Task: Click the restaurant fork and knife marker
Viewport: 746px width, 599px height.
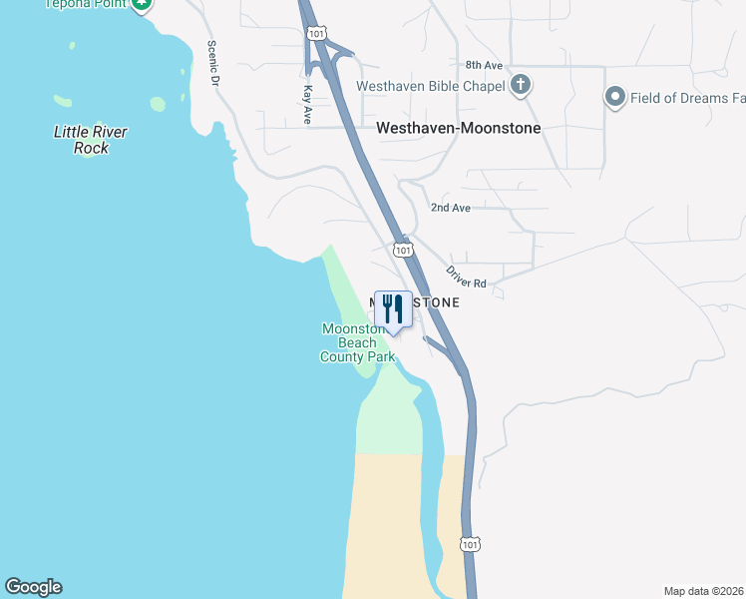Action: pos(393,309)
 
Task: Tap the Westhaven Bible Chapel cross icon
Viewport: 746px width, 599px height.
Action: pos(520,85)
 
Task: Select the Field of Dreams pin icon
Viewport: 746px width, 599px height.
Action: pos(615,98)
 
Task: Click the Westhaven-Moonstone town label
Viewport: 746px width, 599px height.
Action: pos(458,129)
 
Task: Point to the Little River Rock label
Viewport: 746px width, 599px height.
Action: pos(91,140)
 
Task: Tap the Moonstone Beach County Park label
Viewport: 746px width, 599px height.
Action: pos(357,342)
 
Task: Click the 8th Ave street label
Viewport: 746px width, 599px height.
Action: pos(484,65)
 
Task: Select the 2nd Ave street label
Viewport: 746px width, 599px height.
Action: pos(450,208)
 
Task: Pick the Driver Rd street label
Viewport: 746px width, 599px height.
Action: pos(466,277)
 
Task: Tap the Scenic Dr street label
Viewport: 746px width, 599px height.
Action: pos(212,64)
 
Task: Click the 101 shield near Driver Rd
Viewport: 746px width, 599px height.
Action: pos(402,249)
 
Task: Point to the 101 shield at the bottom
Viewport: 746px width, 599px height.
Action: pos(471,544)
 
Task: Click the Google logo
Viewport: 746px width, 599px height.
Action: pos(33,587)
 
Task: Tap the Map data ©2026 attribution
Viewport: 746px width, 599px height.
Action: pos(703,591)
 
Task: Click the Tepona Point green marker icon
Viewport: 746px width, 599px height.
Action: pos(142,5)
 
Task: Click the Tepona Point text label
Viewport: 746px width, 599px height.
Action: pos(88,4)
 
